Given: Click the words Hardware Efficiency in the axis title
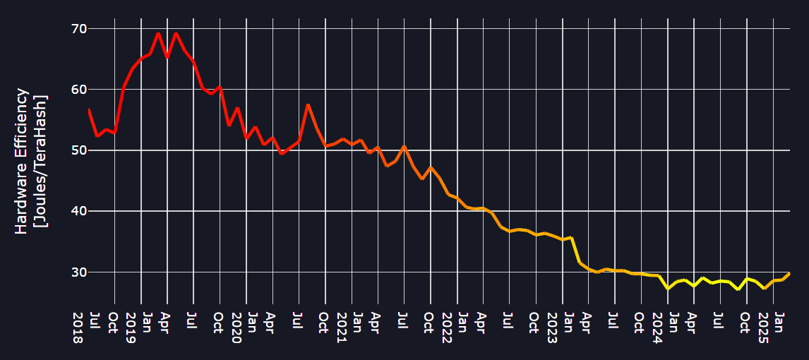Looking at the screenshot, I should click(23, 161).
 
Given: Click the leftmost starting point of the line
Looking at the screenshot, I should click(89, 110).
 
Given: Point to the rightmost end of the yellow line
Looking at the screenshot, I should click(789, 273).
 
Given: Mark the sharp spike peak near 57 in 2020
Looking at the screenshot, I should click(308, 104).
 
